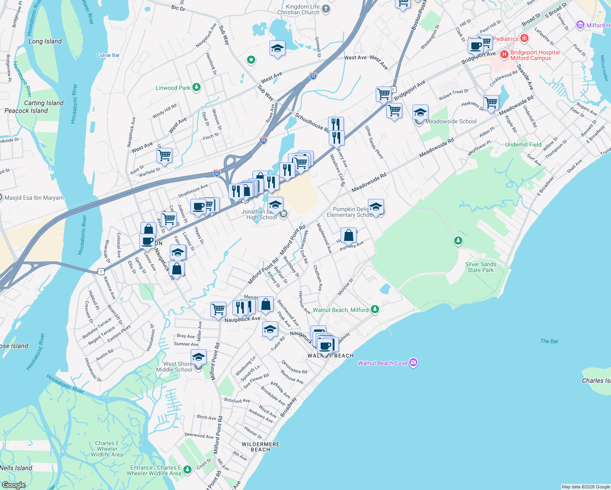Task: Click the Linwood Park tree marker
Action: (196, 87)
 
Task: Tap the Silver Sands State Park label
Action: (481, 267)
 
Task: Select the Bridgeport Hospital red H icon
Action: (504, 54)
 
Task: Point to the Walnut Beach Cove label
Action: (383, 363)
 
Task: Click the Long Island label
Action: (45, 41)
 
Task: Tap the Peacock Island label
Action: (26, 111)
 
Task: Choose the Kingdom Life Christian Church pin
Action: (326, 9)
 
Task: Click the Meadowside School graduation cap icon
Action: (420, 112)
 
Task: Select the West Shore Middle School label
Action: (174, 367)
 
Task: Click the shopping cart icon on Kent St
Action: (164, 155)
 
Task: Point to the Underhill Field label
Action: (523, 145)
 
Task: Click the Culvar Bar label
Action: (108, 55)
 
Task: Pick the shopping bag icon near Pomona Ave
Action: (348, 235)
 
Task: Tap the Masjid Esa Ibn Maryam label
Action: (34, 198)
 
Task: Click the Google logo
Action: (13, 485)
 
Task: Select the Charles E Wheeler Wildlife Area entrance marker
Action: (187, 470)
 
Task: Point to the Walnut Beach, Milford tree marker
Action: (375, 310)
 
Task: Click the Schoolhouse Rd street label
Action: (312, 123)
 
